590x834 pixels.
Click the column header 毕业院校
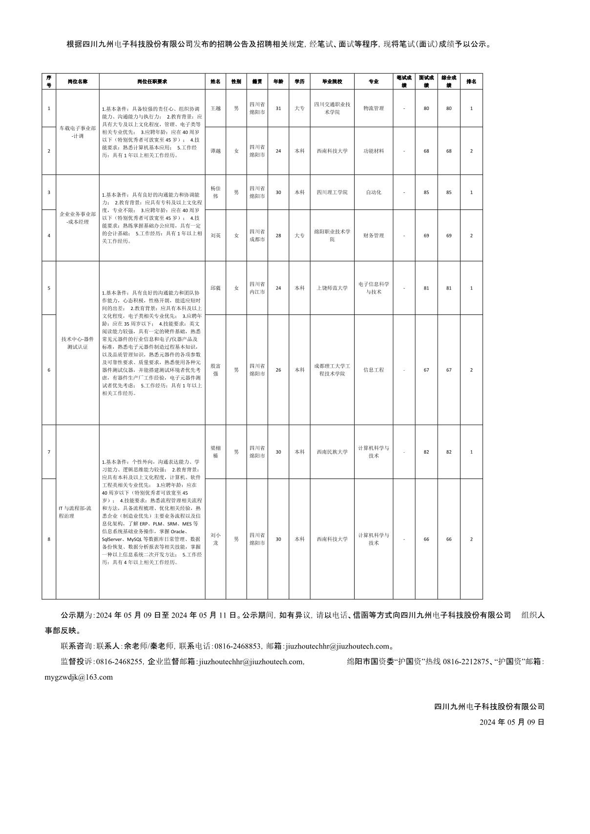click(332, 82)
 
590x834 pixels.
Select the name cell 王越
click(215, 108)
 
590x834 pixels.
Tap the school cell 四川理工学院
click(332, 192)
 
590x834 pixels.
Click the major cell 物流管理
click(374, 108)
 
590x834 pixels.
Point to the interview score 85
click(426, 192)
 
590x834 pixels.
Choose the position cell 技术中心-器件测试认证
click(78, 343)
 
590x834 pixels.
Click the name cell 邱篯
click(215, 288)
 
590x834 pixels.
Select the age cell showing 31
click(278, 108)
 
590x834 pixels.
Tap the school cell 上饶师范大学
click(332, 288)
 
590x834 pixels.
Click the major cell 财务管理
click(374, 235)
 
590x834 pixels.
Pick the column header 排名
click(471, 82)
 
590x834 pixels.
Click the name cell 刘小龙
click(215, 539)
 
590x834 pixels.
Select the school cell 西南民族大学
click(332, 452)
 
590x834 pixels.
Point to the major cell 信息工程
click(374, 370)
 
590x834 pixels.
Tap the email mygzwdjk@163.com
click(79, 677)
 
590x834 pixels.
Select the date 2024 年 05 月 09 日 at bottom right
click(512, 722)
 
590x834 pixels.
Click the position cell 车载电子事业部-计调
click(78, 132)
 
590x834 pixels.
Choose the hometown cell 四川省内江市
click(257, 288)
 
